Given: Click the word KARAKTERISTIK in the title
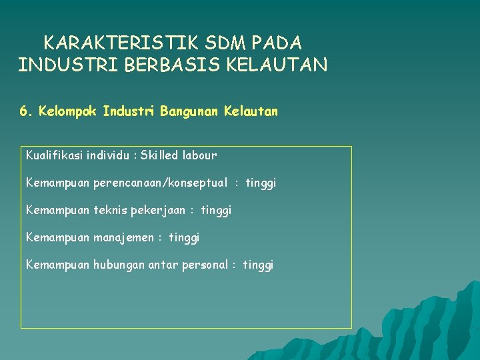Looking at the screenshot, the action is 121,43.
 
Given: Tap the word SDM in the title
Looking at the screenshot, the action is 225,43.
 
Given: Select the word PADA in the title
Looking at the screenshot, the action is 277,43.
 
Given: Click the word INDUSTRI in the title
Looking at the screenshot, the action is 68,65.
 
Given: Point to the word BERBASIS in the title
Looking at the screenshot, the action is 172,65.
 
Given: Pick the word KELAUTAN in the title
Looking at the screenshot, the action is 277,65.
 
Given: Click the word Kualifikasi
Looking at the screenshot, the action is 55,155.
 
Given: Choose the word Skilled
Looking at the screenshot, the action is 159,155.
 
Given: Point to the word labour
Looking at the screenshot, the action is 199,155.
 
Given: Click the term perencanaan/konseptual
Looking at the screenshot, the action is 161,183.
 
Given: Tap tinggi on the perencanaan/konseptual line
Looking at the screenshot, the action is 261,183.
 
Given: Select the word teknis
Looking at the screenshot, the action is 110,210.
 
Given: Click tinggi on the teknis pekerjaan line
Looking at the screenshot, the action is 216,211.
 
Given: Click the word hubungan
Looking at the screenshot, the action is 119,265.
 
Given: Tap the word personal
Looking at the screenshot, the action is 205,265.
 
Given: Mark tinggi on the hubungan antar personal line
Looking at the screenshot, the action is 258,265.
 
